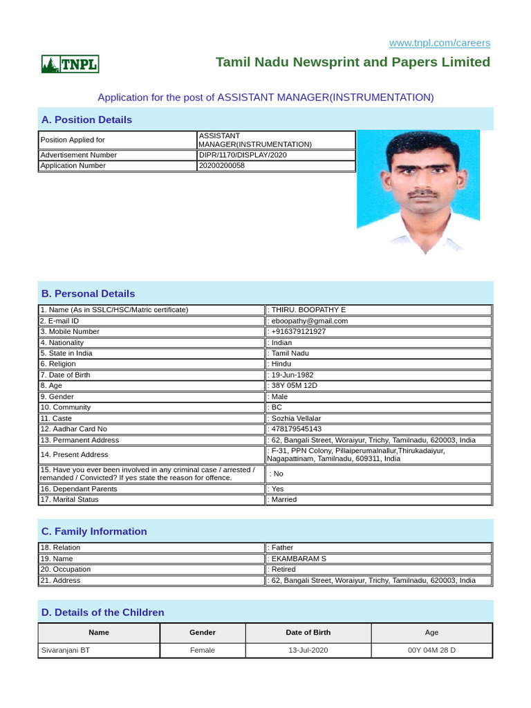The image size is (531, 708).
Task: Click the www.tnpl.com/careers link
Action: pos(439,43)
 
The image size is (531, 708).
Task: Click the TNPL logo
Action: pos(70,64)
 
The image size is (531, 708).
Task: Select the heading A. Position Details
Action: pos(86,120)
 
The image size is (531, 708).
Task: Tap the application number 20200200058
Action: pos(222,166)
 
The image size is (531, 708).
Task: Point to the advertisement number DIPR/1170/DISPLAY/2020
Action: pos(243,155)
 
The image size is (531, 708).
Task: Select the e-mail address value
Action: pos(310,321)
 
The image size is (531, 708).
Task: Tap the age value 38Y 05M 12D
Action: pos(295,386)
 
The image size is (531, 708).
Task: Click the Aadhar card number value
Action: pos(297,429)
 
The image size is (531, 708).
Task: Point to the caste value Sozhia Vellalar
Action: pos(297,418)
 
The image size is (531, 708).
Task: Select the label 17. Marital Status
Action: pos(69,499)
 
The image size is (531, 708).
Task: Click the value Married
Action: pos(284,499)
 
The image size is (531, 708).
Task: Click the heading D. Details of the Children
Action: pos(103,613)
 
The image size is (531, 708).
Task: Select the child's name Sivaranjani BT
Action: pos(66,650)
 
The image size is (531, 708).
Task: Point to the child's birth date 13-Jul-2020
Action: pos(308,650)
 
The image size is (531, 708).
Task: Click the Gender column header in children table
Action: pos(203,633)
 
